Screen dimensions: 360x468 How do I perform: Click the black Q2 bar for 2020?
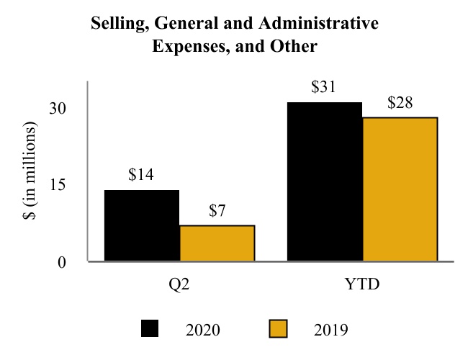click(x=142, y=225)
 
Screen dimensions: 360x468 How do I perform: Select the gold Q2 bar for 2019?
click(x=217, y=243)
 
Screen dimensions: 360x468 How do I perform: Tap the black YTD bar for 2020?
click(x=325, y=181)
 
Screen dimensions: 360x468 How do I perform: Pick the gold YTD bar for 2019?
click(x=400, y=189)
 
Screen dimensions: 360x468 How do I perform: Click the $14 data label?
click(x=142, y=174)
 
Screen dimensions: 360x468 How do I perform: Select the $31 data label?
click(x=325, y=87)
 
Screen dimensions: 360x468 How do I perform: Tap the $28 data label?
click(x=400, y=102)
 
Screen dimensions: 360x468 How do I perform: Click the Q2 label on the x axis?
click(x=179, y=283)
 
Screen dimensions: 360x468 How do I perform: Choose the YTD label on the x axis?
click(x=362, y=283)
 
